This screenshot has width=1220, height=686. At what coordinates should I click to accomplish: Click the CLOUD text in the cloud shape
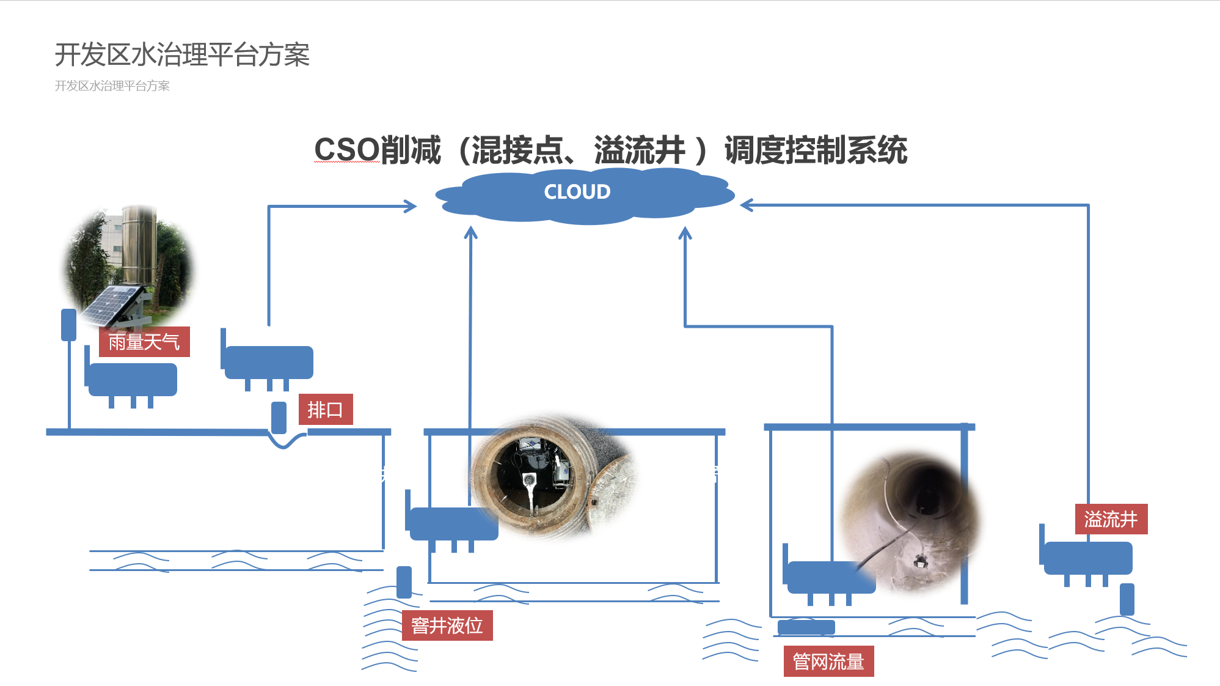coord(577,192)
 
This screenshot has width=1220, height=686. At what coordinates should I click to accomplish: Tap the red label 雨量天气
coord(144,342)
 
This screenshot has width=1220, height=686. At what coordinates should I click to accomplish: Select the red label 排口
coord(325,410)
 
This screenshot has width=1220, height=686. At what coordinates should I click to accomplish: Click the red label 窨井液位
coord(447,625)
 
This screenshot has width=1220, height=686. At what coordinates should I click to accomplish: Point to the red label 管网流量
coord(828,661)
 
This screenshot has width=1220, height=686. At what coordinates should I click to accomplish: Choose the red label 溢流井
coord(1110,519)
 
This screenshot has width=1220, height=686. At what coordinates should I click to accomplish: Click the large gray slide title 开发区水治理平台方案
coord(182,55)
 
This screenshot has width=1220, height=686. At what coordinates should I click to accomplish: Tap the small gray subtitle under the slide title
coord(112,86)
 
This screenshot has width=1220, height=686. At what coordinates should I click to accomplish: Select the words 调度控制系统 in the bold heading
coord(816,150)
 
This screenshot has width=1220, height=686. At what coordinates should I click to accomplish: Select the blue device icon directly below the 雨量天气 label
coord(132,381)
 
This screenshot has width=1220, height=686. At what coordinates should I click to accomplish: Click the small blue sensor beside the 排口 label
coord(279,418)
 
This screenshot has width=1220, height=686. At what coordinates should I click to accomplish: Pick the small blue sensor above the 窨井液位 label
coord(404,581)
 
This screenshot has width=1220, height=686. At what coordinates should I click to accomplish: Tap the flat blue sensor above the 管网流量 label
coord(806,627)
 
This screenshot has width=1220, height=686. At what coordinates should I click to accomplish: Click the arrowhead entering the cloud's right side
coord(747,205)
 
